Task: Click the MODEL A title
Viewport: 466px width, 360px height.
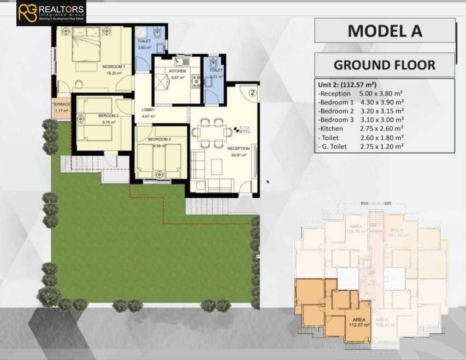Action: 385,31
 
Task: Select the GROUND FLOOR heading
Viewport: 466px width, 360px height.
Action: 385,65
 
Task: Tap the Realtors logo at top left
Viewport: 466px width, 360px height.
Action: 51,13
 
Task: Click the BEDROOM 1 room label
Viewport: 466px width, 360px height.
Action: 114,67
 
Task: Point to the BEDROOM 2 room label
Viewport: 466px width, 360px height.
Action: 108,116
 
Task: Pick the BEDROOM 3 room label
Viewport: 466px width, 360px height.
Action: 160,140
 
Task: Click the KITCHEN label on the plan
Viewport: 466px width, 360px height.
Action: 177,72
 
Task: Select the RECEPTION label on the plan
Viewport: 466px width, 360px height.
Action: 238,149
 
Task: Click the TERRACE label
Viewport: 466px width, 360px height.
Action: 61,104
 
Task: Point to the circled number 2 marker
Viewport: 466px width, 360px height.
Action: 252,92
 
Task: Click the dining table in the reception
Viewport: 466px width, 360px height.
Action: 211,132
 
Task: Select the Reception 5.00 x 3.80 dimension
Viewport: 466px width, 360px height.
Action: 361,93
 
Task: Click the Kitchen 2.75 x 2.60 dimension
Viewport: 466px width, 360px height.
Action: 361,128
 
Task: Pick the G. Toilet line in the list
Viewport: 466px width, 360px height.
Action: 361,146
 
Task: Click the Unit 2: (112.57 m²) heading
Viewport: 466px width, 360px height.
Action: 347,85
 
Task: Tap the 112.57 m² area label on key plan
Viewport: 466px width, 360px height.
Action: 356,322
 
